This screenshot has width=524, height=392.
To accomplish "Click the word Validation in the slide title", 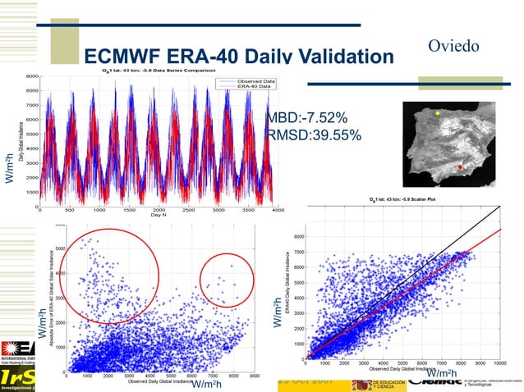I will (338, 57).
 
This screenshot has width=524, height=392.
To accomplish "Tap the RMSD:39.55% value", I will (314, 135).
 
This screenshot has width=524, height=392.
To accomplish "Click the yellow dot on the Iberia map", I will (438, 112).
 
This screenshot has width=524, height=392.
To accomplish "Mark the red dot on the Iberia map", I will (460, 167).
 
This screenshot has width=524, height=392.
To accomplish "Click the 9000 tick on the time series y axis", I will (30, 75).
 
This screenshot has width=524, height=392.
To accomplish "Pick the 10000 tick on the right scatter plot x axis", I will (499, 362).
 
